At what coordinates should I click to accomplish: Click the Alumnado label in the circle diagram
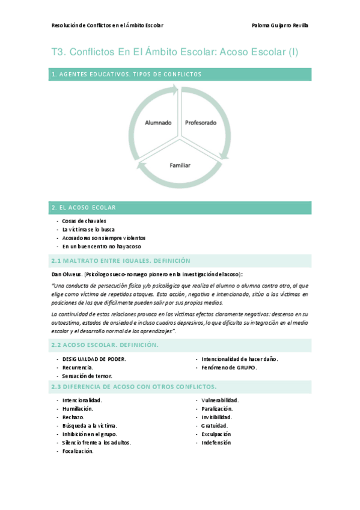click(x=158, y=123)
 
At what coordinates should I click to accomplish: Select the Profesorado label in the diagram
click(x=200, y=123)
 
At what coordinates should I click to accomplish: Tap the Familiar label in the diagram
click(x=180, y=164)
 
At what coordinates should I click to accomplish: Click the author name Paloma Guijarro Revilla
click(x=279, y=25)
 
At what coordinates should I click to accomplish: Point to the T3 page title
click(x=174, y=52)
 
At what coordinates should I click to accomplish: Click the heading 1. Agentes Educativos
click(x=126, y=75)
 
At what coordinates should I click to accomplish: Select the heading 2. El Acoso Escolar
click(x=84, y=207)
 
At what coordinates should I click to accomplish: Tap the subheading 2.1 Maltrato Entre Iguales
click(x=121, y=260)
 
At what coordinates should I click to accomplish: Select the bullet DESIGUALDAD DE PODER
click(x=94, y=359)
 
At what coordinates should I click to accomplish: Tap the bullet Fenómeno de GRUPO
click(x=228, y=367)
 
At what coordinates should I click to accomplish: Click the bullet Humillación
click(x=78, y=408)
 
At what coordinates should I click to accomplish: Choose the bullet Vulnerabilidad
click(x=220, y=400)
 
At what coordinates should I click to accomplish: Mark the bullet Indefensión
click(x=216, y=443)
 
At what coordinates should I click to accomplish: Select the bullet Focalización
click(x=78, y=451)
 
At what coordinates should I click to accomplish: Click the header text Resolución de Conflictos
click(x=108, y=25)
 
